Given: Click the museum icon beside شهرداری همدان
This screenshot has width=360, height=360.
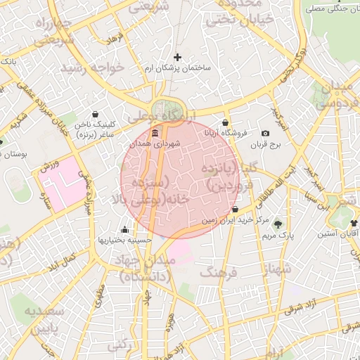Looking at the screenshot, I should [155, 133].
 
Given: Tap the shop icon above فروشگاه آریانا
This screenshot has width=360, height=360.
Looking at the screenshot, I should [224, 122].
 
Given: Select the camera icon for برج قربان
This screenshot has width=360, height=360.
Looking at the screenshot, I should [265, 133].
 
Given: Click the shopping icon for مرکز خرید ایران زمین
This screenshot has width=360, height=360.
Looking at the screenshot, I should [234, 210].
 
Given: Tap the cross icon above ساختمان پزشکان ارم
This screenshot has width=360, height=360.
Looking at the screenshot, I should [177, 57].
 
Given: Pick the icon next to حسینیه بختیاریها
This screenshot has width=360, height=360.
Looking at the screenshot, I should [125, 229].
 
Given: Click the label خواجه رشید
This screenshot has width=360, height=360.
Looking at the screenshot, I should [93, 68].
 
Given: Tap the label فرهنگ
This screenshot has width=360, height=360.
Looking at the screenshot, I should [219, 271].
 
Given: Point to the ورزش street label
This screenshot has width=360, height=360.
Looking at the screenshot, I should [47, 167].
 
